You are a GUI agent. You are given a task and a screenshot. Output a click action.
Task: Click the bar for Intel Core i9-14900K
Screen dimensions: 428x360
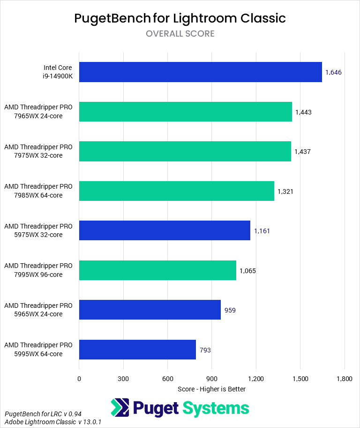click(x=200, y=72)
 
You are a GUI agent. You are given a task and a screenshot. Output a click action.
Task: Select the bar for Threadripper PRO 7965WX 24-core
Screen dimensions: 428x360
click(x=185, y=112)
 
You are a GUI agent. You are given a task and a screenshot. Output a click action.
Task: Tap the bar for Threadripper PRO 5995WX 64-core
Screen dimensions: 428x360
click(x=137, y=349)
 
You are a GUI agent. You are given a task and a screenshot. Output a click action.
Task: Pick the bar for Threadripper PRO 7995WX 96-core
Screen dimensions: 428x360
click(x=157, y=270)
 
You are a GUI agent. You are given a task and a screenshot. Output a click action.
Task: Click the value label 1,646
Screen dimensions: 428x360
click(x=334, y=72)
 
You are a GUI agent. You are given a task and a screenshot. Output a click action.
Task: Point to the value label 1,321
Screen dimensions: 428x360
click(x=285, y=191)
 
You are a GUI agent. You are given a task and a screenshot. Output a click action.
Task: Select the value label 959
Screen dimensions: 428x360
click(x=230, y=310)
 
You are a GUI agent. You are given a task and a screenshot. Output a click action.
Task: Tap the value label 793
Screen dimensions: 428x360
click(x=205, y=350)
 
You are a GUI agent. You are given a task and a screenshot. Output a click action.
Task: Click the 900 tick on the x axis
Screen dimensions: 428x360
click(x=211, y=378)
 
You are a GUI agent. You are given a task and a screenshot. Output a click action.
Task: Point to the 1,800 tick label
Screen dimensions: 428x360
click(x=345, y=378)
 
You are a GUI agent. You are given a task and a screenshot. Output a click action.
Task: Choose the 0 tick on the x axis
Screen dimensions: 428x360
click(x=79, y=378)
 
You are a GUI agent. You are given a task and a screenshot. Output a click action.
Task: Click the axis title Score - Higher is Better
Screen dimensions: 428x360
click(x=211, y=389)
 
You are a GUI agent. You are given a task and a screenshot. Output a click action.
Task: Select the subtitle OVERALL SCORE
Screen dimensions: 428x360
click(x=180, y=34)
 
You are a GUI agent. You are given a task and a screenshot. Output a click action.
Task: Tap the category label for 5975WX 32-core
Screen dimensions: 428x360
click(x=38, y=230)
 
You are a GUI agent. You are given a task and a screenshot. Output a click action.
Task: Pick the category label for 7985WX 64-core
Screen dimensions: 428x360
click(x=38, y=191)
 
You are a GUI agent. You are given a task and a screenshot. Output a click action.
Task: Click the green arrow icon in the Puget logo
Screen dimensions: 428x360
click(x=120, y=408)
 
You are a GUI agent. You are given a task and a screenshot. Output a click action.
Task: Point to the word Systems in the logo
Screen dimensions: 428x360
click(x=216, y=408)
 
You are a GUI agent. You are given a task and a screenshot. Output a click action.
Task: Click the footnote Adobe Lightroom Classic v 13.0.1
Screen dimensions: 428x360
click(x=53, y=422)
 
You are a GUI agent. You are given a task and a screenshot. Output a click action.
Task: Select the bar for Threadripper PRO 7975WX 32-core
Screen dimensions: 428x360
click(x=185, y=151)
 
